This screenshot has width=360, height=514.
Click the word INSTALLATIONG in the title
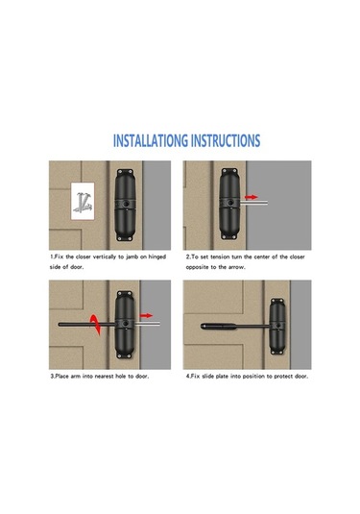click(151, 140)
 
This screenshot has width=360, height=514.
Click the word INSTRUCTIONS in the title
click(226, 140)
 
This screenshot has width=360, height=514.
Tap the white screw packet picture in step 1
click(83, 201)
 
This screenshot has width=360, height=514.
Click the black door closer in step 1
click(125, 206)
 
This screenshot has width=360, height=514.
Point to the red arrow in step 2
click(252, 197)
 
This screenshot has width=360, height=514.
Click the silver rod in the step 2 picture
click(254, 203)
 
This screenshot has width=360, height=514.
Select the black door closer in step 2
click(229, 204)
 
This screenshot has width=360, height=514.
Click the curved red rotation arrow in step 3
click(95, 325)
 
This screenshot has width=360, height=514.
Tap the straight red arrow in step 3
click(146, 315)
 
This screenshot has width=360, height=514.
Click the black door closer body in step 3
click(125, 325)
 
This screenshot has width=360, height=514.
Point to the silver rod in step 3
click(148, 324)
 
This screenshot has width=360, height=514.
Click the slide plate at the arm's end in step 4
click(219, 327)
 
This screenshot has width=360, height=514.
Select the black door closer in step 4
click(277, 326)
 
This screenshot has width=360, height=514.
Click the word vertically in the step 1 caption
click(105, 257)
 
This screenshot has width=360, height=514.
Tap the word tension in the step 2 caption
click(220, 257)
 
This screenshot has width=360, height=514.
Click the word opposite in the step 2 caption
click(197, 267)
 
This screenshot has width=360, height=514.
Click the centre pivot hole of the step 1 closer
click(126, 204)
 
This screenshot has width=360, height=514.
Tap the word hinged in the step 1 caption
click(156, 257)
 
